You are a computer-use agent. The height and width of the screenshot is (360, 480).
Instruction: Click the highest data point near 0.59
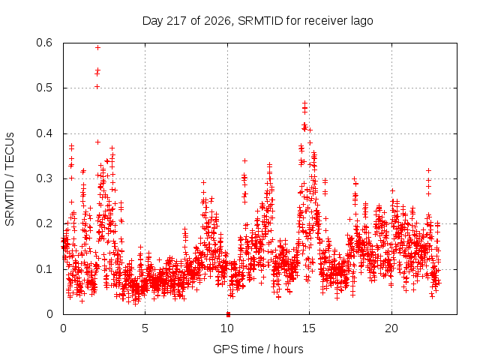(x=98, y=47)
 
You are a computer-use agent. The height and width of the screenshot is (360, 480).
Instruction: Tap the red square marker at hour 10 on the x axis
(x=228, y=314)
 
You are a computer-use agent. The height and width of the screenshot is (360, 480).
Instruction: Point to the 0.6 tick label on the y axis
(x=44, y=43)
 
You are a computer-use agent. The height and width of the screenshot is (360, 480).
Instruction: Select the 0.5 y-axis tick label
(x=44, y=88)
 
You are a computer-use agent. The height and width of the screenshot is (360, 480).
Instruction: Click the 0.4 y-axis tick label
(x=44, y=133)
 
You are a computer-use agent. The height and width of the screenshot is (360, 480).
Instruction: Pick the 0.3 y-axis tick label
(x=44, y=178)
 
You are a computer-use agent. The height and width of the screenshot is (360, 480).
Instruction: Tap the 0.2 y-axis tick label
(x=44, y=223)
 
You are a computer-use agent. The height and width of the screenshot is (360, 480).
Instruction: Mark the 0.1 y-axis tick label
(x=44, y=269)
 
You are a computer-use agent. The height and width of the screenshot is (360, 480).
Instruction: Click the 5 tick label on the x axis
(x=145, y=328)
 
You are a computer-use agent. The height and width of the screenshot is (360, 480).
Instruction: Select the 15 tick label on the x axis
(x=309, y=328)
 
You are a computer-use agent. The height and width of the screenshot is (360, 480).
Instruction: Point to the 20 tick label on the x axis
(x=391, y=328)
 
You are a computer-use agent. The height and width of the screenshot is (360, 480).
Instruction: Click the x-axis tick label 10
(x=227, y=328)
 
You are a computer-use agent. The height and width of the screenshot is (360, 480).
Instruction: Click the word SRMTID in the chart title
(x=260, y=21)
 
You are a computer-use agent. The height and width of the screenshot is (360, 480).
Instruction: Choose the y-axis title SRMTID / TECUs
(x=10, y=179)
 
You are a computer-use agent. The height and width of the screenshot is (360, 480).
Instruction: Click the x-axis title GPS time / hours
(x=258, y=349)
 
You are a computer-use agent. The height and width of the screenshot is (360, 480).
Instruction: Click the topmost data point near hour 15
(x=304, y=103)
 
